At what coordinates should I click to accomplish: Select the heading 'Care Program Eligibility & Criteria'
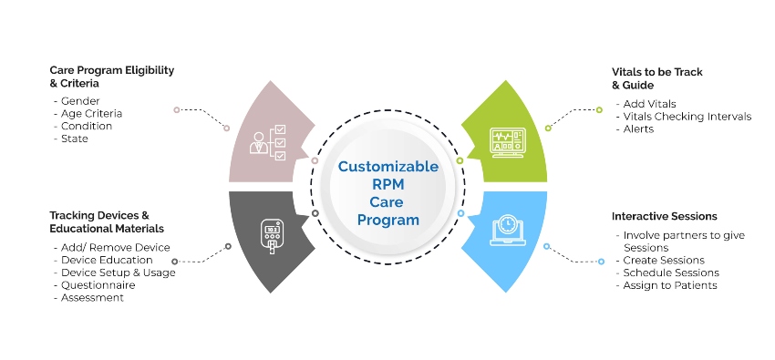[112, 76]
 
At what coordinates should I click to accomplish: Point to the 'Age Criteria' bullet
[89, 113]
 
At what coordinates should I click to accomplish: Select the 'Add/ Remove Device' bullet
[113, 247]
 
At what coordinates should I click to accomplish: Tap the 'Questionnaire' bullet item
[98, 284]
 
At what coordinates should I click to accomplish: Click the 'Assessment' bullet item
[92, 297]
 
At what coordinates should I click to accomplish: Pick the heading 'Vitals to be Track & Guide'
[656, 77]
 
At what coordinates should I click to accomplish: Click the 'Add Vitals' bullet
[650, 104]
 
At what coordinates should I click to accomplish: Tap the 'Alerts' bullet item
[640, 129]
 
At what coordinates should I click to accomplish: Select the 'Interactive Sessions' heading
[664, 216]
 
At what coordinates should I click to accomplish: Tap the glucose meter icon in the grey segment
[270, 236]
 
